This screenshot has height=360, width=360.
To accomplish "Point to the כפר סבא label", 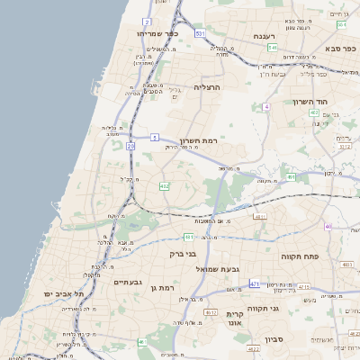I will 341,47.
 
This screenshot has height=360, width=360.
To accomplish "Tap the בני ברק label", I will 183,254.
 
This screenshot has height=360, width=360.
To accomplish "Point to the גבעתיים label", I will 129,282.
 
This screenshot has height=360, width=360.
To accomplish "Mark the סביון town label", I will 274,340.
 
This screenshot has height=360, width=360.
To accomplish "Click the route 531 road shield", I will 200,33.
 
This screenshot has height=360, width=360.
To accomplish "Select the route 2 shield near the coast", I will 146,22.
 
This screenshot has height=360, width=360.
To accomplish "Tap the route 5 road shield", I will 155,137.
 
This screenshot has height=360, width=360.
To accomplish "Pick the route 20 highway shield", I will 130,145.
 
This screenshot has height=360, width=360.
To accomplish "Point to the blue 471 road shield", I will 255,283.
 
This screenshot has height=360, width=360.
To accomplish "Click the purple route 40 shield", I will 328,226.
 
